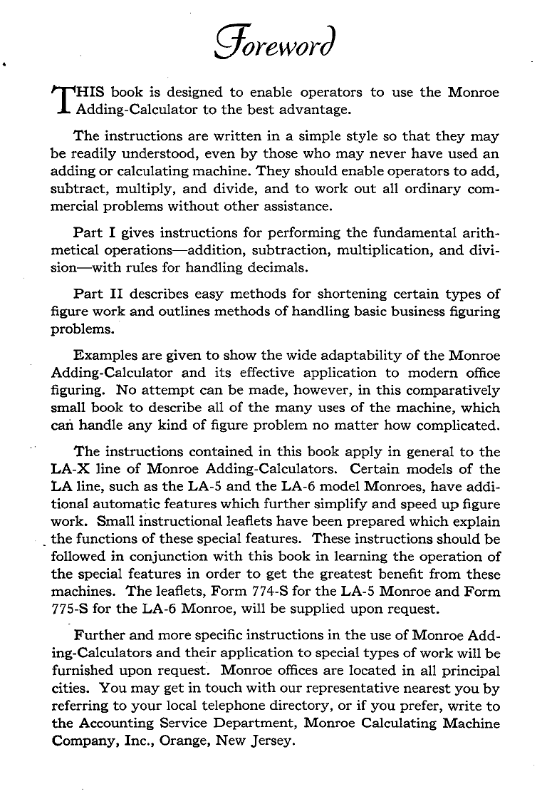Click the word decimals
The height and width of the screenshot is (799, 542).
[295, 269]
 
